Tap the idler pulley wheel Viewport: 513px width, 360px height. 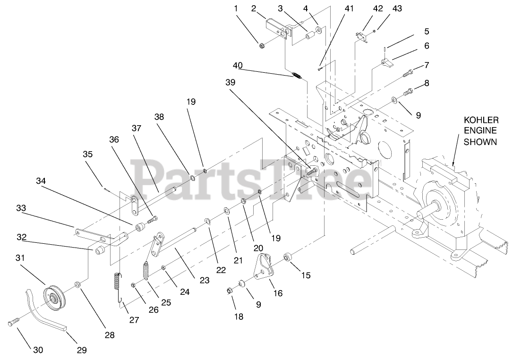coord(56,296)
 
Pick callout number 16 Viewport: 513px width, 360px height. coord(278,293)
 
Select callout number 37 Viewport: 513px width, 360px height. coord(136,128)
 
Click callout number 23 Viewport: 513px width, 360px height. coord(204,280)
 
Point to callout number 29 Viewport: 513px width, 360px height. coord(82,350)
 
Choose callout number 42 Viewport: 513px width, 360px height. coord(365,8)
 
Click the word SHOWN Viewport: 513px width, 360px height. coord(480,142)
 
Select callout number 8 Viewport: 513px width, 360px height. coord(427,83)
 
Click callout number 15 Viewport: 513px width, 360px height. coord(306,275)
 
